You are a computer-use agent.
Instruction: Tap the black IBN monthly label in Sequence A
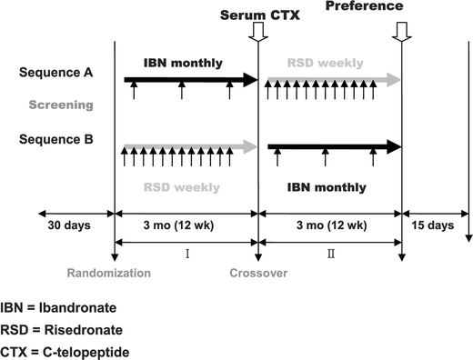coord(180,63)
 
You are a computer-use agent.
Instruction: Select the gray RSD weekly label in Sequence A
coord(326,63)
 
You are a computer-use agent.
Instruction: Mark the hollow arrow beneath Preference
coord(401,32)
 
